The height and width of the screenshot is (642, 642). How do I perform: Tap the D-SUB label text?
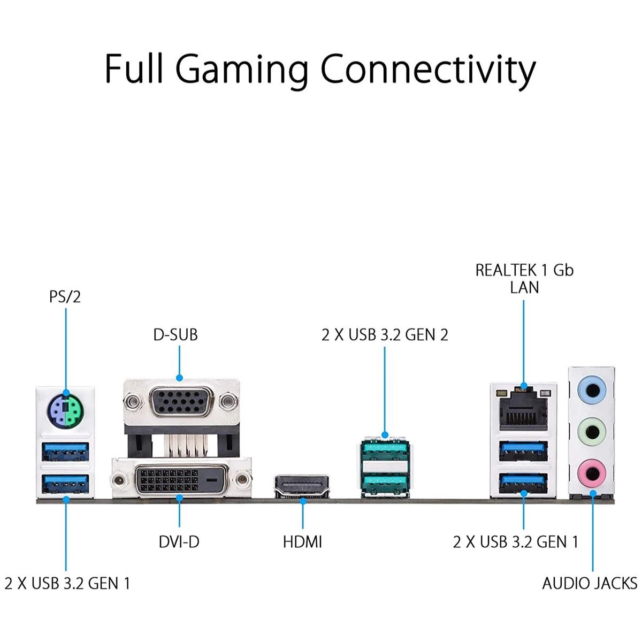[x=175, y=335]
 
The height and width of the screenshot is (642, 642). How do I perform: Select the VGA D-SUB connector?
[x=181, y=401]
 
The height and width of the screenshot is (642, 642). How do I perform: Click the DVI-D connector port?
[x=180, y=479]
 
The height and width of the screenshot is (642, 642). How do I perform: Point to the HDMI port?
[x=302, y=486]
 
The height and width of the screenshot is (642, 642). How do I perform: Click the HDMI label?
[x=302, y=542]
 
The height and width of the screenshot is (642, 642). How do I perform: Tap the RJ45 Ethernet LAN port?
[x=523, y=409]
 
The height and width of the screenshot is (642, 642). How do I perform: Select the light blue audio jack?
[x=592, y=391]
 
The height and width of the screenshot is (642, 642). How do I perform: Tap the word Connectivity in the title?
[x=428, y=68]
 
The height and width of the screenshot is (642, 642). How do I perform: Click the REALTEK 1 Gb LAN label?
[x=524, y=278]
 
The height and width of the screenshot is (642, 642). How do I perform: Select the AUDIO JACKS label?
[x=590, y=583]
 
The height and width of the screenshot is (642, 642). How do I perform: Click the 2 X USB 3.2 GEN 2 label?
[x=385, y=335]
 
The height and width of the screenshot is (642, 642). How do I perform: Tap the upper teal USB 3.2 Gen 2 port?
[x=384, y=450]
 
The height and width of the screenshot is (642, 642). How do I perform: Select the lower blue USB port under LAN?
[x=523, y=485]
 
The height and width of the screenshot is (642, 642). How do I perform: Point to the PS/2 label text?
[x=65, y=296]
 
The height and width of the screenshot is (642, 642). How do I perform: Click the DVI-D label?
[x=179, y=542]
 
